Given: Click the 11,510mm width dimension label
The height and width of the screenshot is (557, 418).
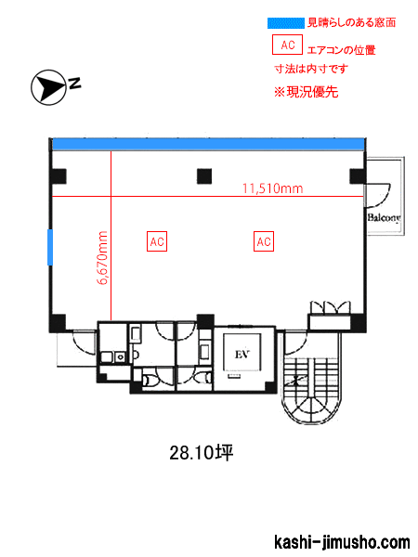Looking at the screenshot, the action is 272,188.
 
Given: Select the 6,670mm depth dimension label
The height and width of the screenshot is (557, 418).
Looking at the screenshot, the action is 102,258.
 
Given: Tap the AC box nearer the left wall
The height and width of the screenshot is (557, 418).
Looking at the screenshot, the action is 157,241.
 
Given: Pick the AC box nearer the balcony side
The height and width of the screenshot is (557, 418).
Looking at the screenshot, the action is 264,241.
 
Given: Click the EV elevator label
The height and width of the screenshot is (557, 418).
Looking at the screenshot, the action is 242,355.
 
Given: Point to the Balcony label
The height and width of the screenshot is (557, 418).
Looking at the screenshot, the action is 385,217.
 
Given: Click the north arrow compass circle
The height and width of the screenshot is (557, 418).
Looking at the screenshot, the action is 48,87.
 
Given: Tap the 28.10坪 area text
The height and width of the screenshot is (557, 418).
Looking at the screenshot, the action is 202,453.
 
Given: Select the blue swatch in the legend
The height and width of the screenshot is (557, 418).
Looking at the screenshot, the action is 286,23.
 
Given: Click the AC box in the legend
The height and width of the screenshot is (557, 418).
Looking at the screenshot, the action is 287,45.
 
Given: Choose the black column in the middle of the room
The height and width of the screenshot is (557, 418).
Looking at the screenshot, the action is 204,176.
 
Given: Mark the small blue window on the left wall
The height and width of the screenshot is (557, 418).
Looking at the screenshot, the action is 50,247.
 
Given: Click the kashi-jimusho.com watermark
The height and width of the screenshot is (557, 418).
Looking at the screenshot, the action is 342,542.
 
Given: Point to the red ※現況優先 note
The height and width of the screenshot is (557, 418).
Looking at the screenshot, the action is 306,92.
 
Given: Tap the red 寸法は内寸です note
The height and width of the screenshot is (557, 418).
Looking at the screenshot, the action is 311,69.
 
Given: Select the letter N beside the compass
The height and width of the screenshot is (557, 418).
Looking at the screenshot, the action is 74,84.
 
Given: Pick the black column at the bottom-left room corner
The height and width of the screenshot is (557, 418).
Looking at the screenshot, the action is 58,323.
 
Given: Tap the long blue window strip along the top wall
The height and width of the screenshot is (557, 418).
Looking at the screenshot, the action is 209,145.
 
